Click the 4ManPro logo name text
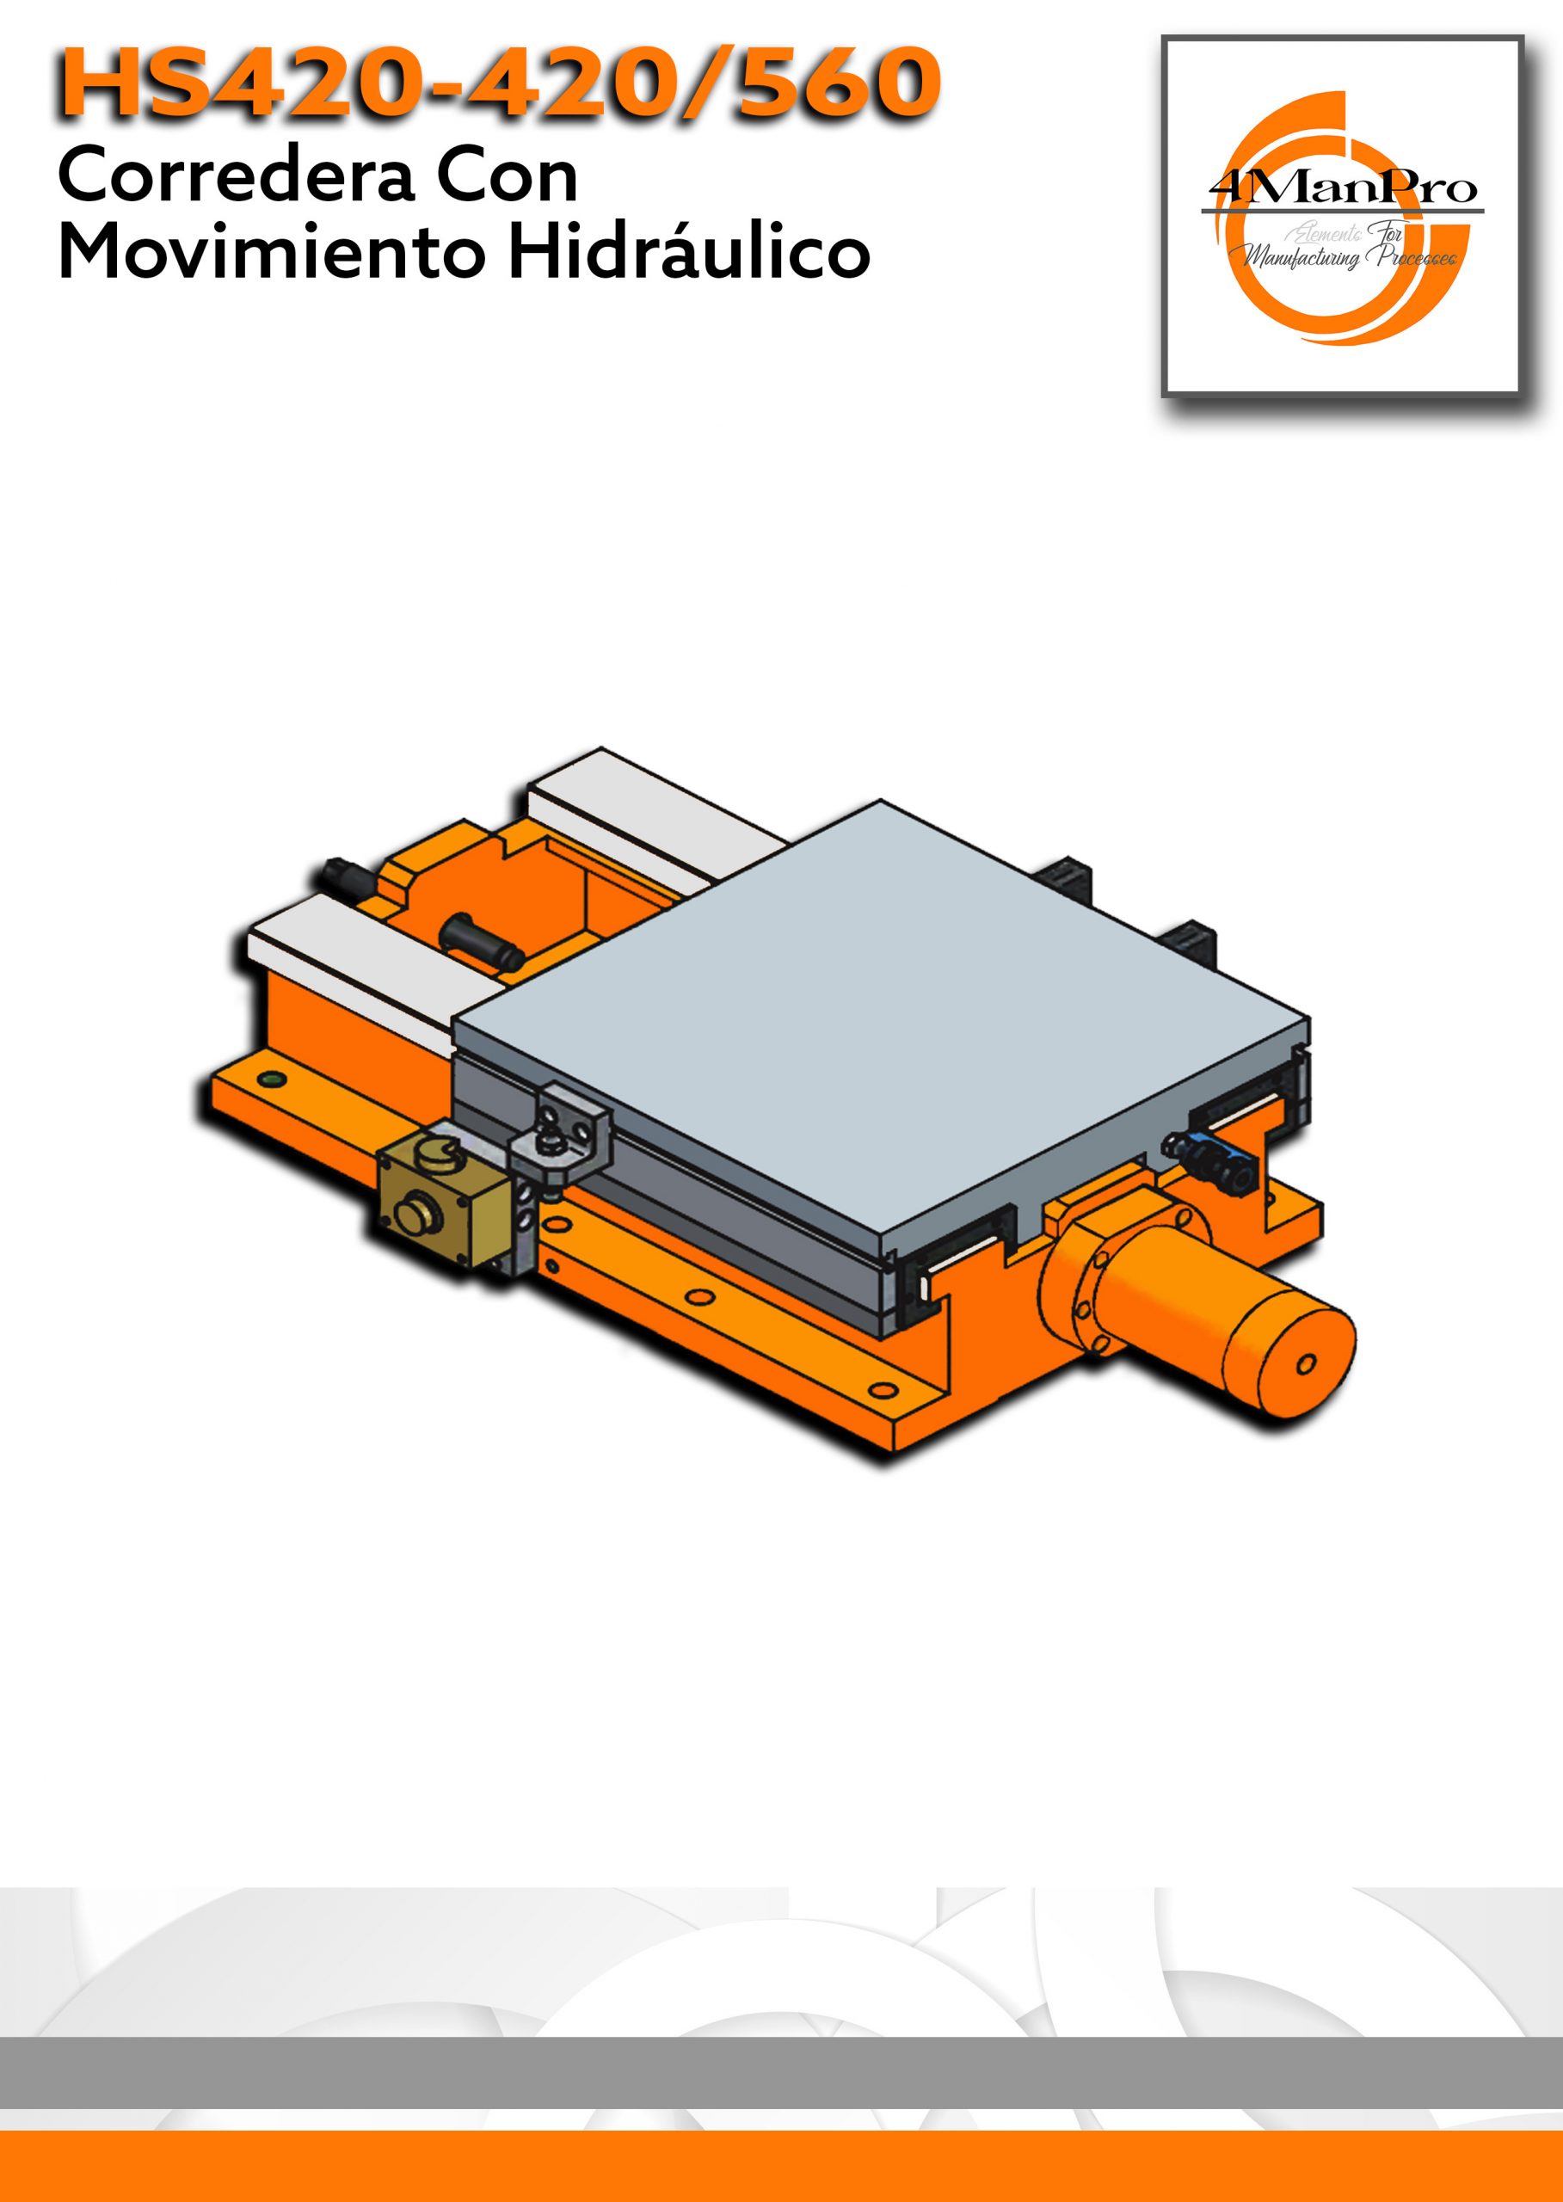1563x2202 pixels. [x=1342, y=188]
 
